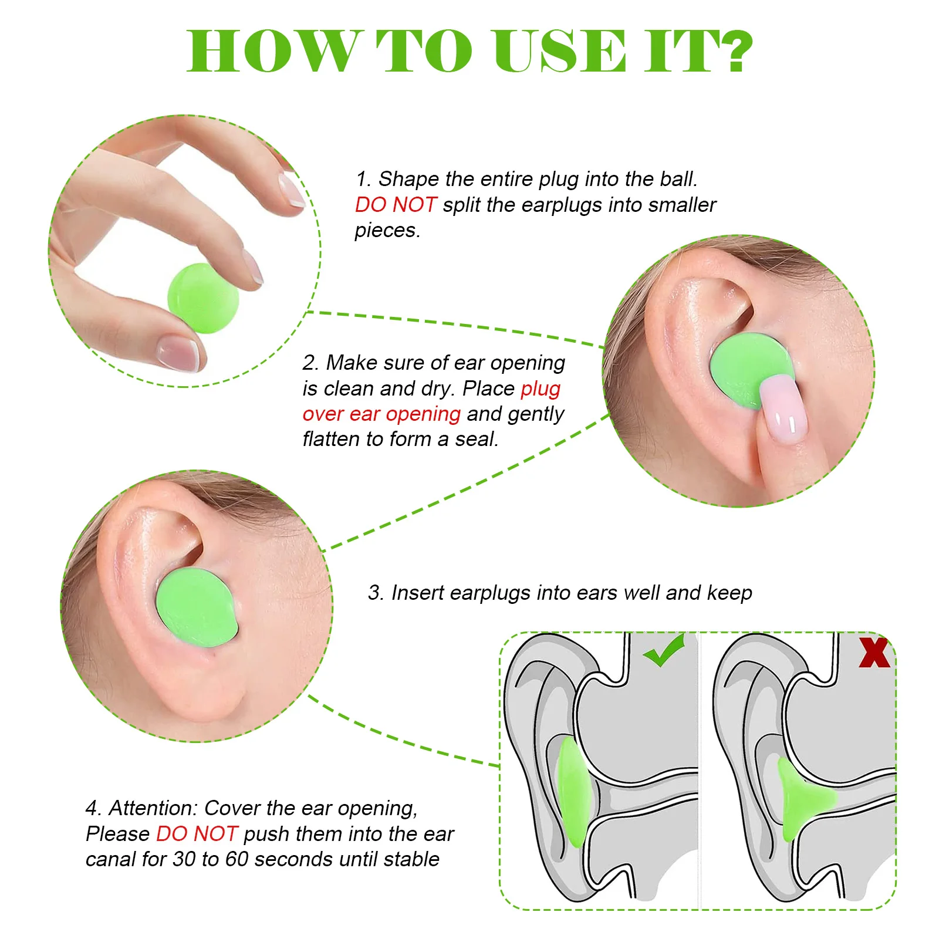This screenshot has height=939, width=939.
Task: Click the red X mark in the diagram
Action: tap(874, 653)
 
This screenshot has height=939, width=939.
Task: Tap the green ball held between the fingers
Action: tap(203, 298)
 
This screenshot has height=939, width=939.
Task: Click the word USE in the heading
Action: tap(560, 52)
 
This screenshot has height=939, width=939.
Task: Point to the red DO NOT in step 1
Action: tap(395, 205)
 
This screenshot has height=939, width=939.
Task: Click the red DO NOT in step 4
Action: tap(197, 833)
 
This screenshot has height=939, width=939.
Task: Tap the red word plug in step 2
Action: tap(541, 389)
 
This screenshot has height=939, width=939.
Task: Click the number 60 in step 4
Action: tap(237, 859)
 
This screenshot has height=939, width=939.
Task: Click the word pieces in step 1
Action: tap(387, 231)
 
